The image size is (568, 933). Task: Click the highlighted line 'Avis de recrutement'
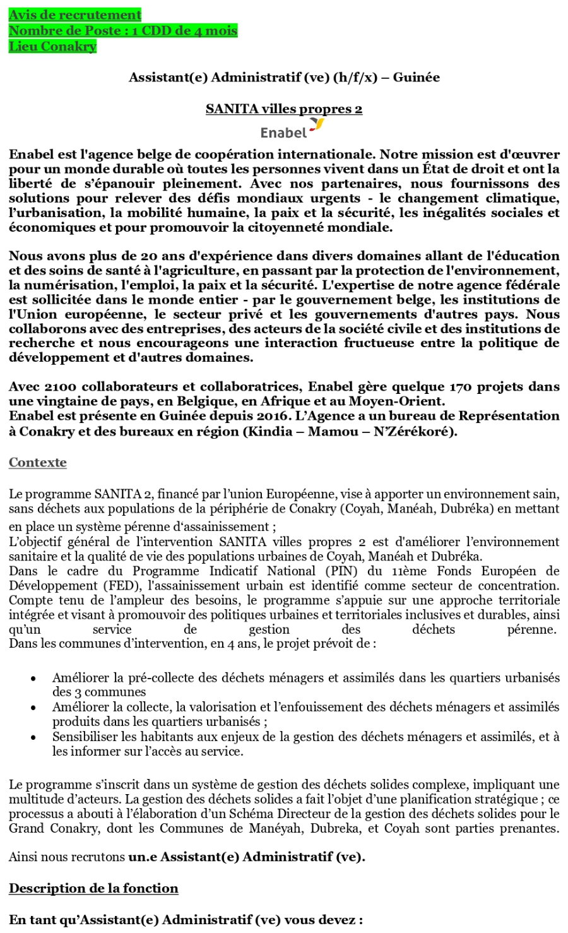click(x=74, y=15)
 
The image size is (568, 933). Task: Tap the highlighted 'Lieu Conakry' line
click(x=52, y=46)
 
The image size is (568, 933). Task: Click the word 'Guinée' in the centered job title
click(x=416, y=77)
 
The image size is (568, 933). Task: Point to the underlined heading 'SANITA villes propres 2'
click(x=284, y=109)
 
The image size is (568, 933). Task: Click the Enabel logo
click(x=291, y=130)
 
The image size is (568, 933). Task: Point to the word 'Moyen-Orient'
click(x=400, y=401)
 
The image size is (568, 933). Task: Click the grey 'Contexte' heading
click(x=38, y=462)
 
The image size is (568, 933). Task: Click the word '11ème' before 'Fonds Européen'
click(x=401, y=571)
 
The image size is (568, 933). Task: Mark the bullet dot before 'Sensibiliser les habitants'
click(x=33, y=737)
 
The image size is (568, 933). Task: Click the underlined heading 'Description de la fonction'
click(x=93, y=888)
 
